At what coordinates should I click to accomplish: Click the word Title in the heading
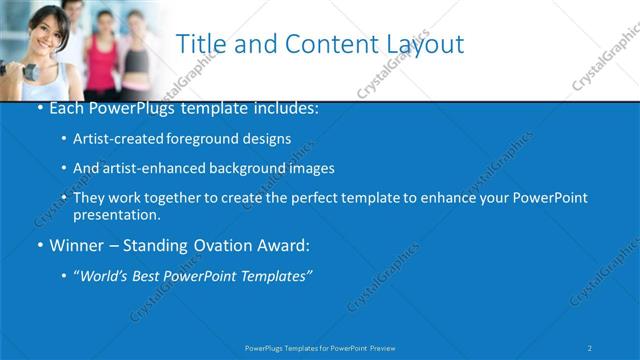201,44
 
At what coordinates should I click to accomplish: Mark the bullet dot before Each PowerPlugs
39,107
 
